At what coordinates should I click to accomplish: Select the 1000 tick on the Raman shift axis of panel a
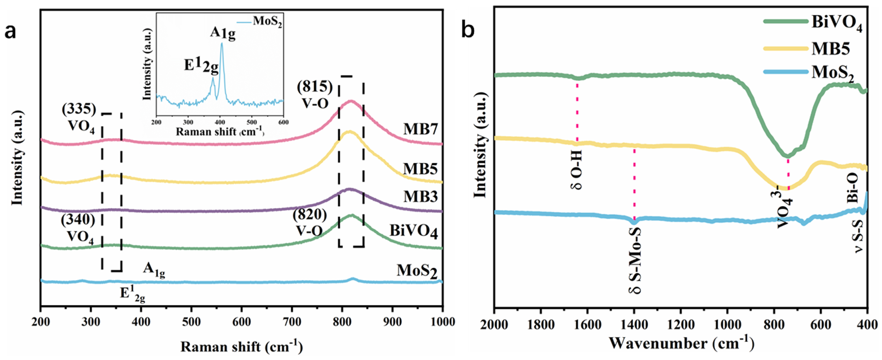pos(442,322)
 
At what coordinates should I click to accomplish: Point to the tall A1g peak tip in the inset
pos(222,44)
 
